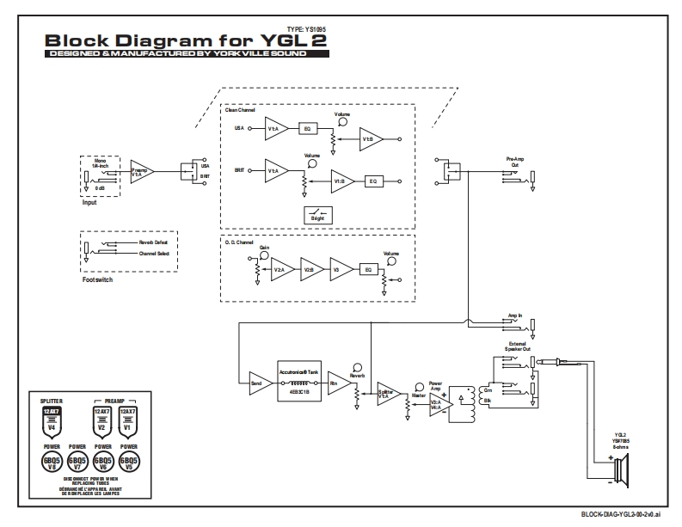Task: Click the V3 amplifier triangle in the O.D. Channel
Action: tap(341, 270)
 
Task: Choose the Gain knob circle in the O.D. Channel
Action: tap(265, 254)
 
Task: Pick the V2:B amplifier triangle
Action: tap(309, 270)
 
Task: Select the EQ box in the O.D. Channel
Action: tap(368, 270)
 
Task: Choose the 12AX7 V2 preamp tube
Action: tap(101, 420)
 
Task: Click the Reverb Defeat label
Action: tap(154, 243)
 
